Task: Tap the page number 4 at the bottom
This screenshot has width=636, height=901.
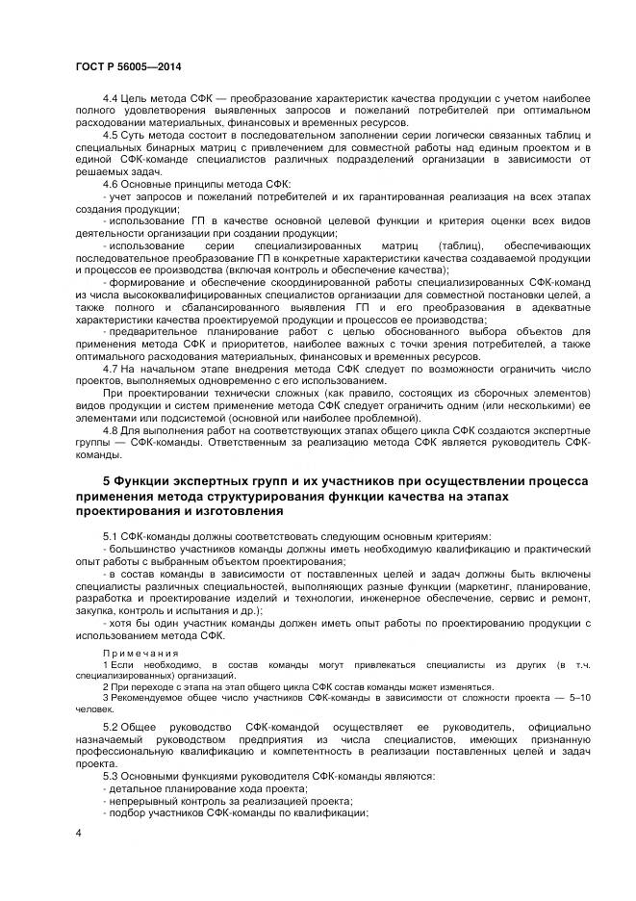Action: [77, 832]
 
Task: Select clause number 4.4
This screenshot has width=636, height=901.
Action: [110, 99]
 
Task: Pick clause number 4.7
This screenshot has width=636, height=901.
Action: [110, 369]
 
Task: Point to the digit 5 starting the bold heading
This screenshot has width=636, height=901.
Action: [107, 480]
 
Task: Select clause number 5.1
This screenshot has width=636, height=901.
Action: [110, 535]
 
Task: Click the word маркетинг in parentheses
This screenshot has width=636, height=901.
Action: [471, 586]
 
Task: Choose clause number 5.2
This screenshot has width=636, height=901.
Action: [110, 727]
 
